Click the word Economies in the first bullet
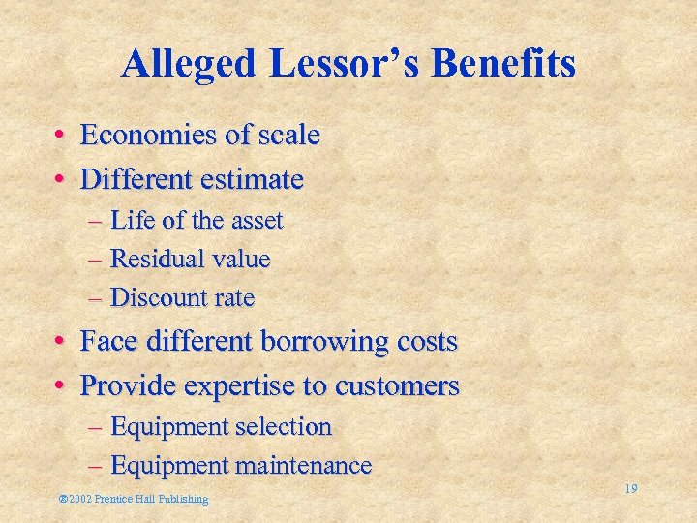point(148,135)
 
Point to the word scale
point(288,135)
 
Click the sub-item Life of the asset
point(197,221)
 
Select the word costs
point(426,342)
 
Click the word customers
point(397,386)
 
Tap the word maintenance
point(303,466)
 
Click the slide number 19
point(630,489)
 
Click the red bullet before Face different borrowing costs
point(60,342)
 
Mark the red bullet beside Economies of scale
point(60,136)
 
